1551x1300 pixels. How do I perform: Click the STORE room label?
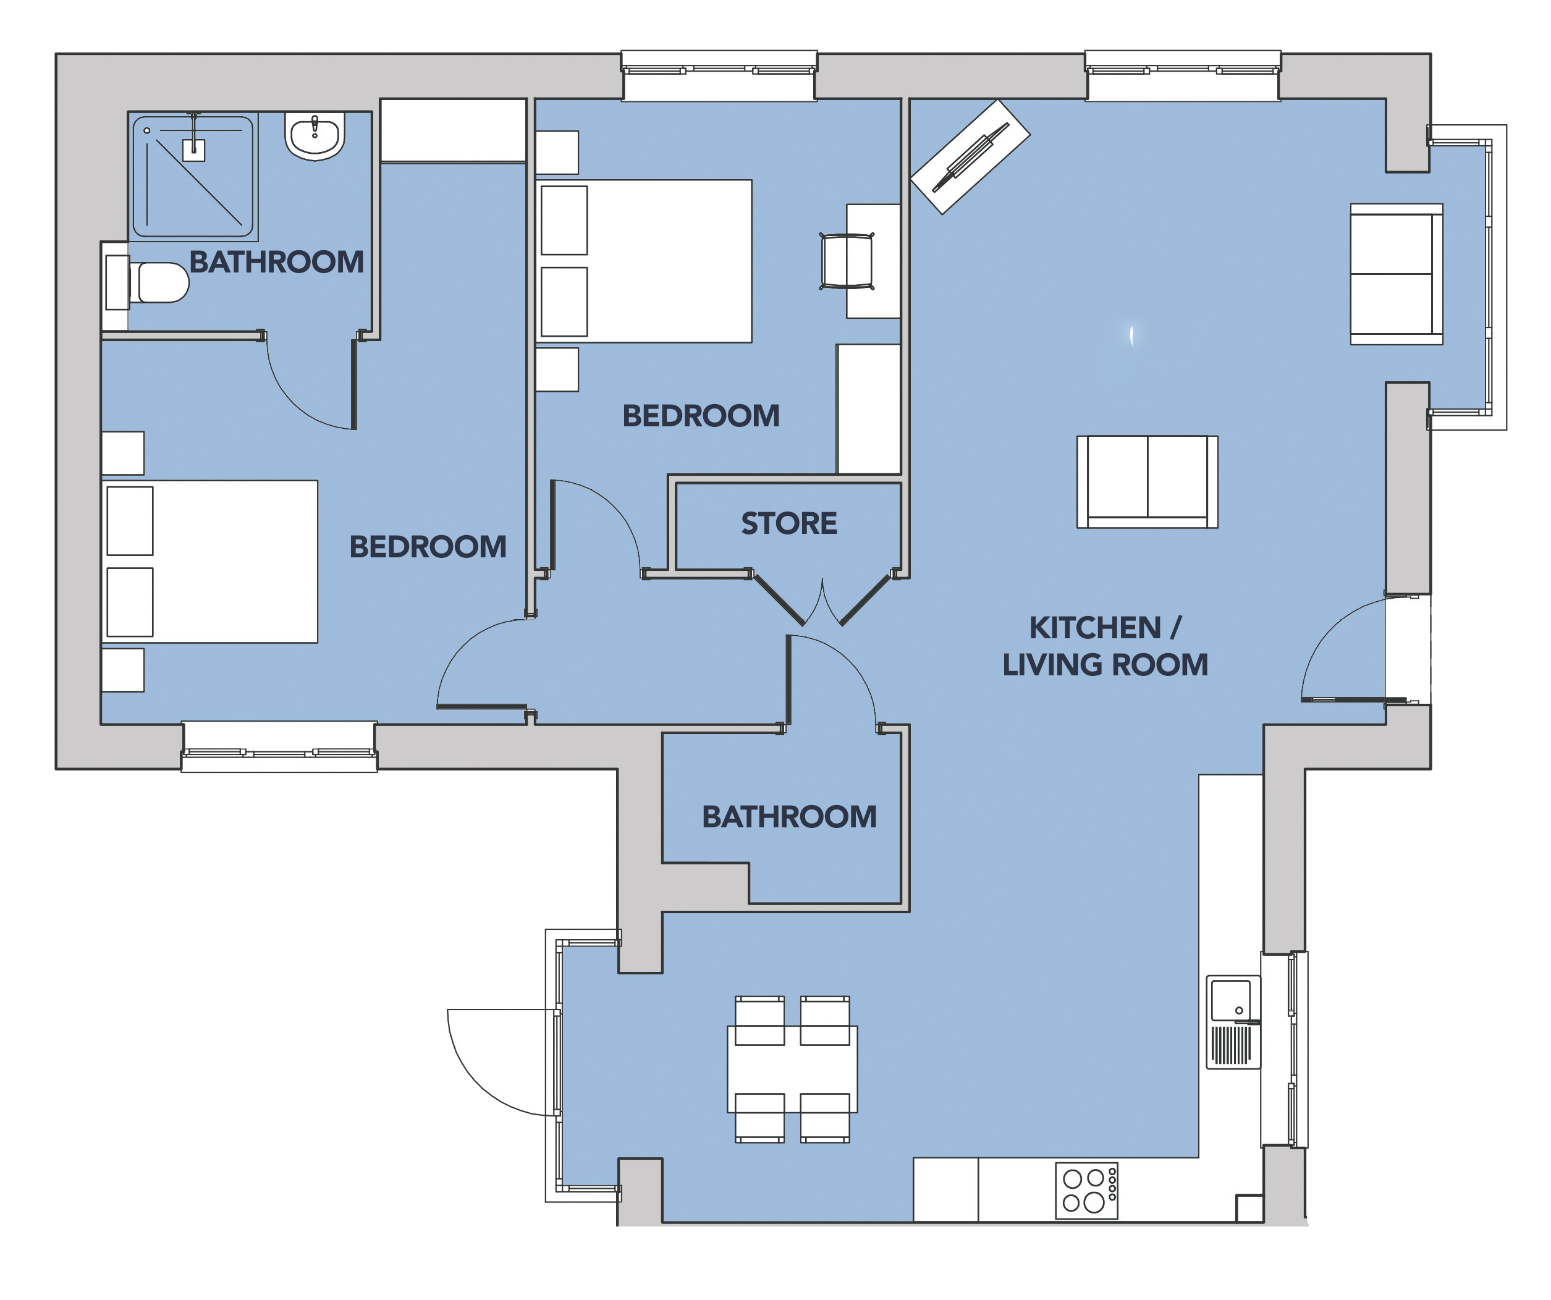pos(789,524)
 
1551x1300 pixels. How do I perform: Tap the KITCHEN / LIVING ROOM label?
pos(1105,646)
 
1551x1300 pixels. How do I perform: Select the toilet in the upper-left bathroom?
pos(147,282)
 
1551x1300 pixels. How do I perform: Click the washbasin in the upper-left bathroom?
pos(315,136)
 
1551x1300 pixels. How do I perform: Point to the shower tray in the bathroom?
pos(193,176)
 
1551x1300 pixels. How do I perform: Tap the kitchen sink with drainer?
pos(1233,1023)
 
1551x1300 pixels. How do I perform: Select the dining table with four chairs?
pos(792,1069)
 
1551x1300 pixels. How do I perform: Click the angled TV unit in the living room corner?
pos(970,156)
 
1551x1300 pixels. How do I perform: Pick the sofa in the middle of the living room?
pos(1147,481)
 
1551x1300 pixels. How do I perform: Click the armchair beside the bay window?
pos(1397,274)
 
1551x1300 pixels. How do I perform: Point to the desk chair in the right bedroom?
pos(847,261)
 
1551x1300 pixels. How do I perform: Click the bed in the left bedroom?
pos(209,562)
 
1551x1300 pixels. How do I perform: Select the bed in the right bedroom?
pos(643,261)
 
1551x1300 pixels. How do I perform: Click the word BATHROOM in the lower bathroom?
pos(789,817)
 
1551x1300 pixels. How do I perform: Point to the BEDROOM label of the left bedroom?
pos(428,547)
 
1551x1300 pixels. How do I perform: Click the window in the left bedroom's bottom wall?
pos(279,748)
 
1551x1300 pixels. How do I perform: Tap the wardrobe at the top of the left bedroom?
pos(454,130)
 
